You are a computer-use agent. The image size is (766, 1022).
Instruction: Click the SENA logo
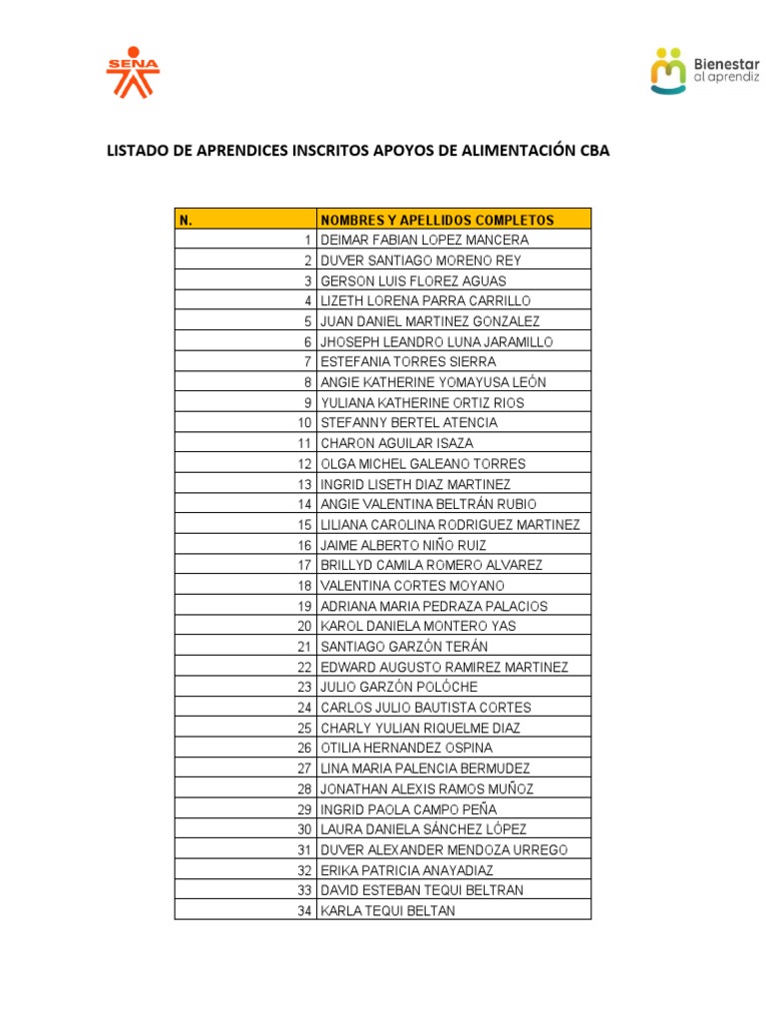click(x=133, y=74)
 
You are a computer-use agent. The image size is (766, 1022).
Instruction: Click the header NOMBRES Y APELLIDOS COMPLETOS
click(x=437, y=220)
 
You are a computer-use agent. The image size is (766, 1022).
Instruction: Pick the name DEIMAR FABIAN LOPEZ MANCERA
click(x=424, y=241)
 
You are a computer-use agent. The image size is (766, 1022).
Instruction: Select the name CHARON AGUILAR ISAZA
click(x=397, y=443)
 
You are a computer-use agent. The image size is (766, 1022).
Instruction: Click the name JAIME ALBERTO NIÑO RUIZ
click(x=404, y=545)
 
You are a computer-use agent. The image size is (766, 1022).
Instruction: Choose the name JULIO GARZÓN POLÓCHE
click(x=399, y=688)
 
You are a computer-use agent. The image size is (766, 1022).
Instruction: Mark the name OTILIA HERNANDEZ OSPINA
click(x=406, y=749)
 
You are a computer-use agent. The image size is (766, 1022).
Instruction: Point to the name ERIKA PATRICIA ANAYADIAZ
click(x=407, y=870)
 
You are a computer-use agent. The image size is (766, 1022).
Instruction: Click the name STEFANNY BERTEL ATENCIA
click(x=409, y=423)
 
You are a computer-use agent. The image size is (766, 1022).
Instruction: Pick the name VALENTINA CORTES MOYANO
click(x=412, y=586)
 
